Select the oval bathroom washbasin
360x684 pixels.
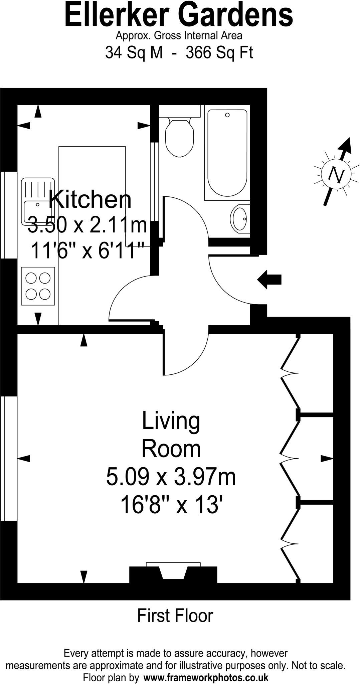click(239, 219)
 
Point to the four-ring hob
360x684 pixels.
click(38, 286)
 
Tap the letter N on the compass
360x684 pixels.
click(336, 175)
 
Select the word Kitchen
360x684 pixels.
click(89, 200)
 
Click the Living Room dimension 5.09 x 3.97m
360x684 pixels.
click(171, 477)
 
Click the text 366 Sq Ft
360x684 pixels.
click(219, 52)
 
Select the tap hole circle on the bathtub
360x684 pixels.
click(227, 115)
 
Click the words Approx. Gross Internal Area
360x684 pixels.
click(179, 35)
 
